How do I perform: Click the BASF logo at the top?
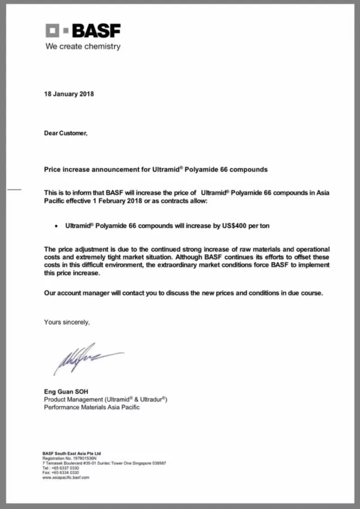(x=83, y=31)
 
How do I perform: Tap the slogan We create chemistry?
(x=83, y=47)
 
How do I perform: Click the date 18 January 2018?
(x=69, y=94)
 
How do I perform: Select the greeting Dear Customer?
(x=66, y=133)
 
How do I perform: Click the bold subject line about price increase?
(x=156, y=169)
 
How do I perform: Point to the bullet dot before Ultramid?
(x=55, y=226)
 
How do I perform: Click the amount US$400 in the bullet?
(x=234, y=226)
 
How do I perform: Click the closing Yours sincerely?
(x=67, y=322)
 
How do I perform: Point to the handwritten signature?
(x=85, y=359)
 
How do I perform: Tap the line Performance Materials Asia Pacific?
(x=92, y=408)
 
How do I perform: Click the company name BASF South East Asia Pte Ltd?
(x=72, y=453)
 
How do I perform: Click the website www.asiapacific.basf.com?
(x=66, y=478)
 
